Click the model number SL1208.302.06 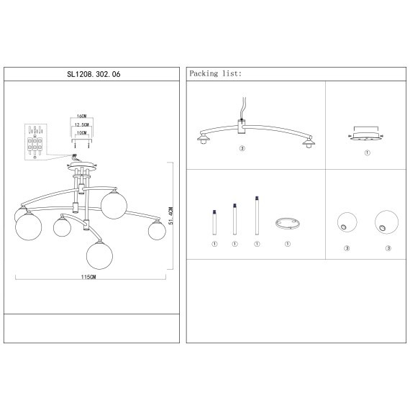(x=94, y=74)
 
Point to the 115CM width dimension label (x=88, y=277)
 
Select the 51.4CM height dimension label (x=170, y=216)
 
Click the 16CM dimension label (x=82, y=116)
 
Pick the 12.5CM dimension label (x=82, y=124)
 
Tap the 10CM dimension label (x=82, y=133)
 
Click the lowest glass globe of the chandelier (x=100, y=255)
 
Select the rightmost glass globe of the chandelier (x=157, y=231)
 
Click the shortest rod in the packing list (x=214, y=222)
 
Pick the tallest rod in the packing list (x=257, y=216)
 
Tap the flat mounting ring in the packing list (x=288, y=224)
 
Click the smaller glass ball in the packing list (x=347, y=222)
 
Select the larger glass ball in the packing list (x=386, y=222)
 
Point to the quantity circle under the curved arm (x=242, y=148)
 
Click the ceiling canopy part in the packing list (x=366, y=136)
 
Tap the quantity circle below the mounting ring (x=288, y=244)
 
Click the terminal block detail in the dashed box (x=35, y=142)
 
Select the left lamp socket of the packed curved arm (x=203, y=140)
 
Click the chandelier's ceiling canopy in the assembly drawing (x=82, y=165)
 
